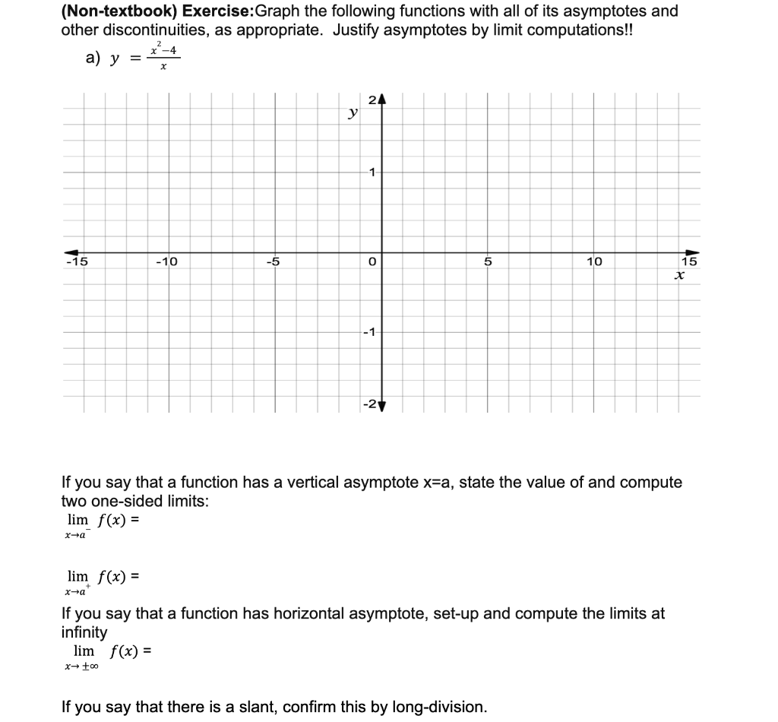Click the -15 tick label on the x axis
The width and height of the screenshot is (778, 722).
pos(77,262)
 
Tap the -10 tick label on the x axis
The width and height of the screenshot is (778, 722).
pos(166,262)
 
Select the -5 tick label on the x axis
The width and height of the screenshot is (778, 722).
pos(273,262)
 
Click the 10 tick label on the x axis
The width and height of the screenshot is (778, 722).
pos(593,262)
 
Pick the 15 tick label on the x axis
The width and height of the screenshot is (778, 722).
pos(688,262)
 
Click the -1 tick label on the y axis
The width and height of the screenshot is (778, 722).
pos(368,332)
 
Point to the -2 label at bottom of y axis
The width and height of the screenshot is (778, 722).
pos(368,403)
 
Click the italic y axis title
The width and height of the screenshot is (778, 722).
pos(352,113)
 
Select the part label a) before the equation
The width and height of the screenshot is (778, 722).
pos(93,59)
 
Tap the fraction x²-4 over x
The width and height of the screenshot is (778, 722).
pos(163,59)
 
